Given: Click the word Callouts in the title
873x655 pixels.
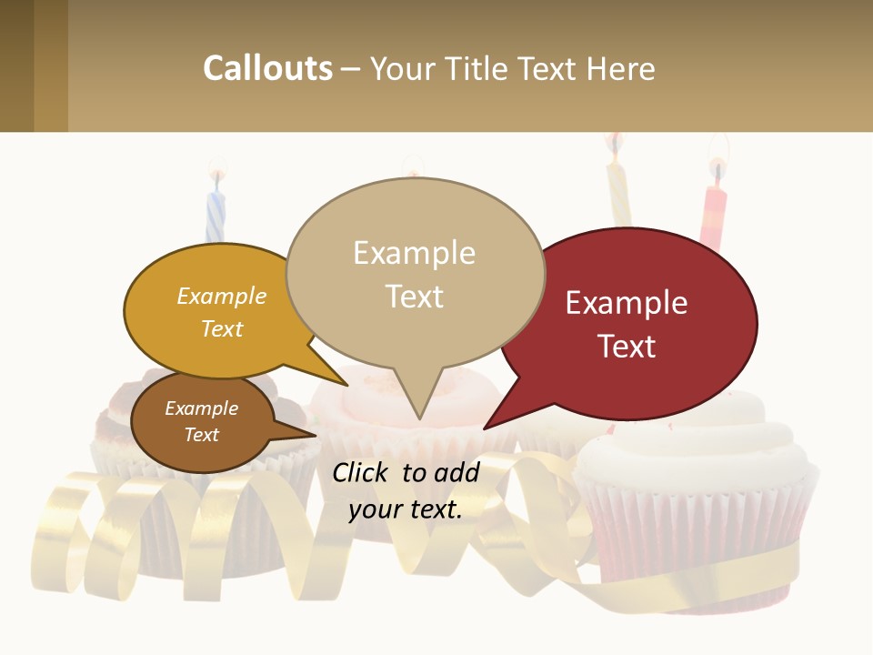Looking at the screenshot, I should tap(267, 68).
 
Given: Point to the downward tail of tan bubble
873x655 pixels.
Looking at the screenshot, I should tap(418, 405).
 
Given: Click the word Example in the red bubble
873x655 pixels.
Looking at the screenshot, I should tap(627, 302).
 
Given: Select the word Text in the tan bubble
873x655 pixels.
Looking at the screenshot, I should tap(415, 297).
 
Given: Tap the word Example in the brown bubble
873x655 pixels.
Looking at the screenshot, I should tap(202, 408).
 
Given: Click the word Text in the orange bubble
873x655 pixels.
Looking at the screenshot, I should tap(222, 328).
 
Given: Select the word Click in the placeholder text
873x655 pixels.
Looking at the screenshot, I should tap(361, 472).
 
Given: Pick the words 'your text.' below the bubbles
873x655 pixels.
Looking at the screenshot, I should tap(406, 509).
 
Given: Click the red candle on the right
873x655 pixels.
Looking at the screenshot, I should tap(714, 214).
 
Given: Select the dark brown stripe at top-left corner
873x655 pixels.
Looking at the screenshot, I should tap(16, 65).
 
